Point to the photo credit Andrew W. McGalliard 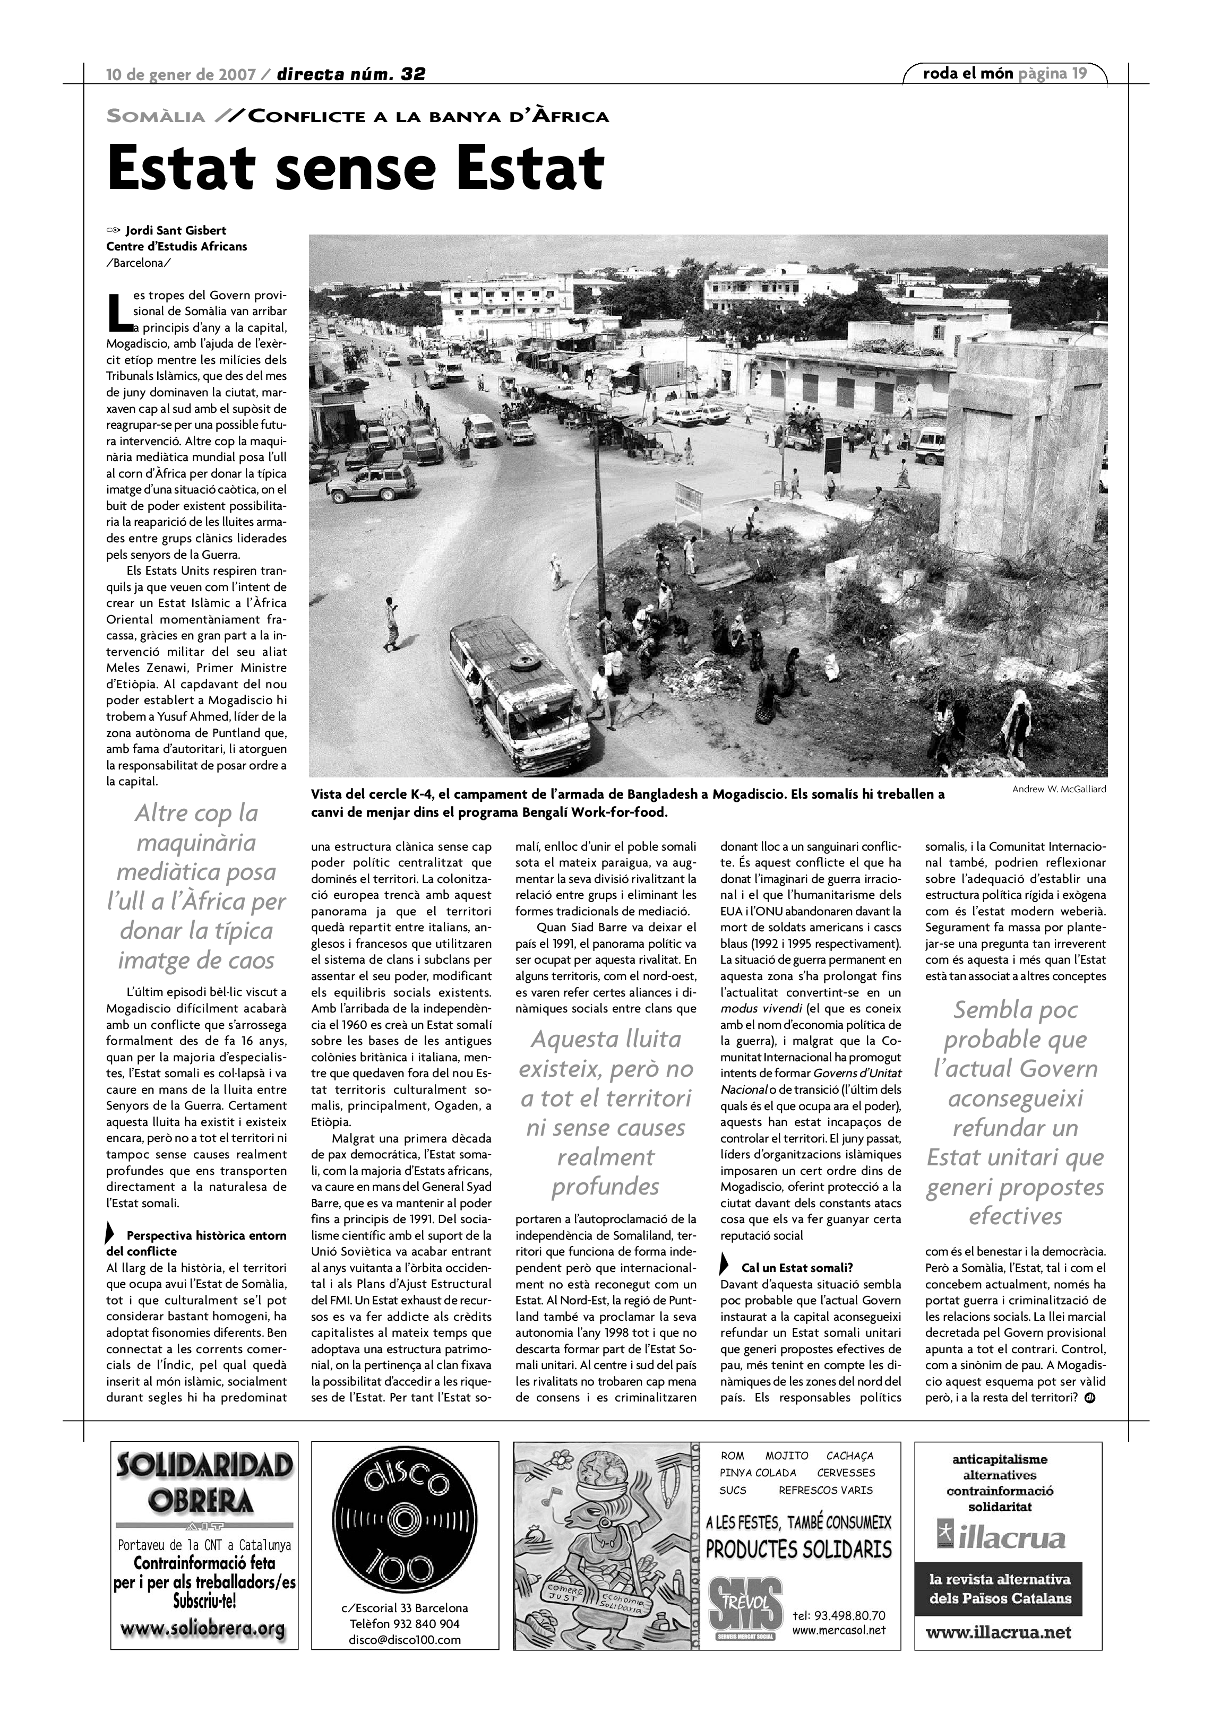[1059, 789]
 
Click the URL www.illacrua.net [1008, 1632]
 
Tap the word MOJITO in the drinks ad [787, 1456]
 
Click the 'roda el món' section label [968, 73]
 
